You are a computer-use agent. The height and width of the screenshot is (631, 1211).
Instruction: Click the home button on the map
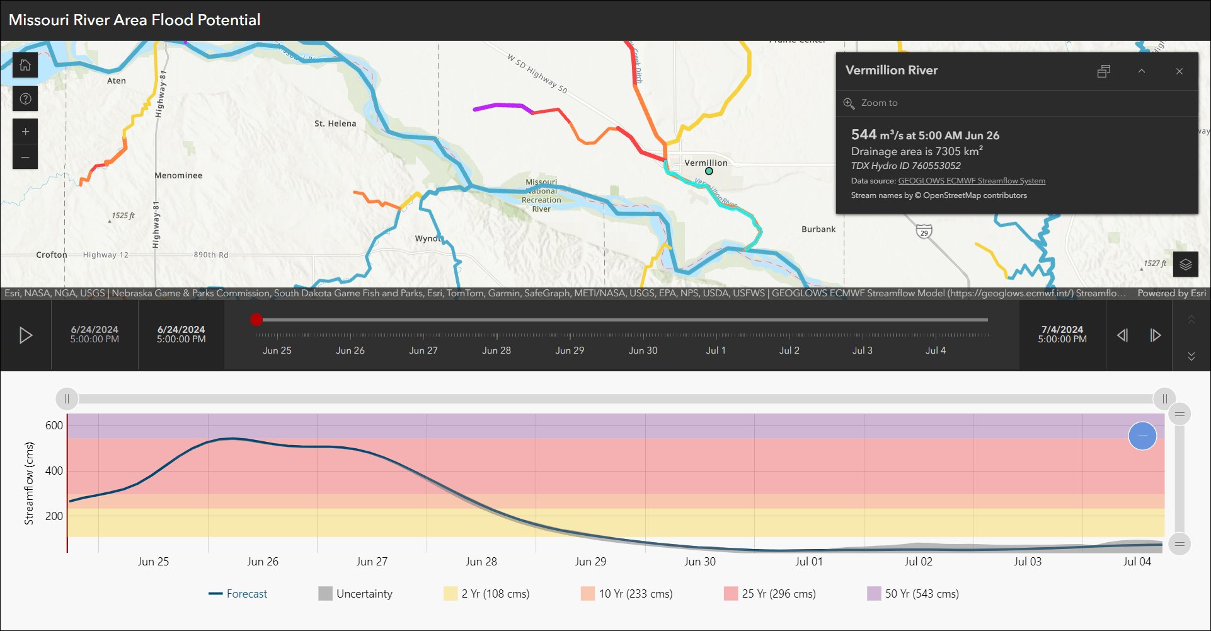point(25,65)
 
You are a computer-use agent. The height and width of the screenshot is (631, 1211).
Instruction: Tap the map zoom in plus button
point(25,132)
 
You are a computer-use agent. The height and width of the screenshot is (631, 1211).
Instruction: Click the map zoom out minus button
point(25,157)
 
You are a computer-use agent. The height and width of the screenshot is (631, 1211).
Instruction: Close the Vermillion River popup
point(1179,71)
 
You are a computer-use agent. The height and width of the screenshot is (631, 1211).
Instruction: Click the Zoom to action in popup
point(879,103)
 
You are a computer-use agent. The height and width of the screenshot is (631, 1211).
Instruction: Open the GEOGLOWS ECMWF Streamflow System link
point(971,181)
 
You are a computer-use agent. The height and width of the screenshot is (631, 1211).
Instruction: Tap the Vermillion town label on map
point(706,163)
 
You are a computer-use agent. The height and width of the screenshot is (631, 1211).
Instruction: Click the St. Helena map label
point(335,124)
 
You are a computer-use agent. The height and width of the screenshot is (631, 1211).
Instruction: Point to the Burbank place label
point(818,229)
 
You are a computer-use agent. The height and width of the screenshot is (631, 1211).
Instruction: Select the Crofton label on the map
point(52,255)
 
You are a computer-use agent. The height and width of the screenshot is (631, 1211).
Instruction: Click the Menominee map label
point(178,175)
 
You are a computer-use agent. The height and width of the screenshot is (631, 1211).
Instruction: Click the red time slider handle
point(256,320)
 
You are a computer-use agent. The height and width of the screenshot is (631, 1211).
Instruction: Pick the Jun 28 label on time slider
point(496,350)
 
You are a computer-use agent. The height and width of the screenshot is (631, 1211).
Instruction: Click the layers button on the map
point(1185,264)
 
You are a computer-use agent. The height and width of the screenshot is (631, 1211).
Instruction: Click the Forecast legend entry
point(246,594)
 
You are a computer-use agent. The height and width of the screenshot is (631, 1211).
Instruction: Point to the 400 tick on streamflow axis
point(54,471)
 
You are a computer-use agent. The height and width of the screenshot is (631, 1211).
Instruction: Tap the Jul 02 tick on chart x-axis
point(918,562)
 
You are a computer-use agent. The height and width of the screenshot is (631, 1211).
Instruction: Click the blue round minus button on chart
point(1142,436)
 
